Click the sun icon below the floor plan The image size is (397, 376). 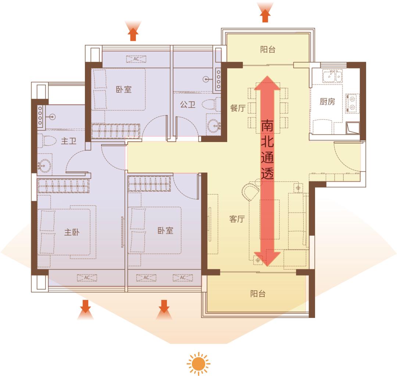click(x=198, y=364)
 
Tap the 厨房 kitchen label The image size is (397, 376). click(x=327, y=102)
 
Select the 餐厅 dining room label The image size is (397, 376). click(x=238, y=108)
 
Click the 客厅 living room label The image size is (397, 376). click(x=237, y=219)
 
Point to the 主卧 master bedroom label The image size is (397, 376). click(x=72, y=232)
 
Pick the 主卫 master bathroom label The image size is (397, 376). click(x=69, y=141)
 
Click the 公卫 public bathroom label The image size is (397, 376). click(x=187, y=104)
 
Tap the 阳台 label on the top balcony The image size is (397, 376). click(x=268, y=49)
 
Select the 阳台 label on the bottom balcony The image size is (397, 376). click(x=258, y=294)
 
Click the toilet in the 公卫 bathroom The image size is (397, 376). click(x=211, y=104)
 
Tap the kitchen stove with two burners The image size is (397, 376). click(x=352, y=103)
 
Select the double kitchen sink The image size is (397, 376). click(x=332, y=76)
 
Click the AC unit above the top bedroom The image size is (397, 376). click(x=136, y=59)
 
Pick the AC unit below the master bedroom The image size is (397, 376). click(x=87, y=278)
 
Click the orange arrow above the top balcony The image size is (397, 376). click(x=265, y=16)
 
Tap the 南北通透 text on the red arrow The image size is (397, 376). click(x=267, y=149)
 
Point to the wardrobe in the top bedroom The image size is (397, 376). click(x=116, y=131)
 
